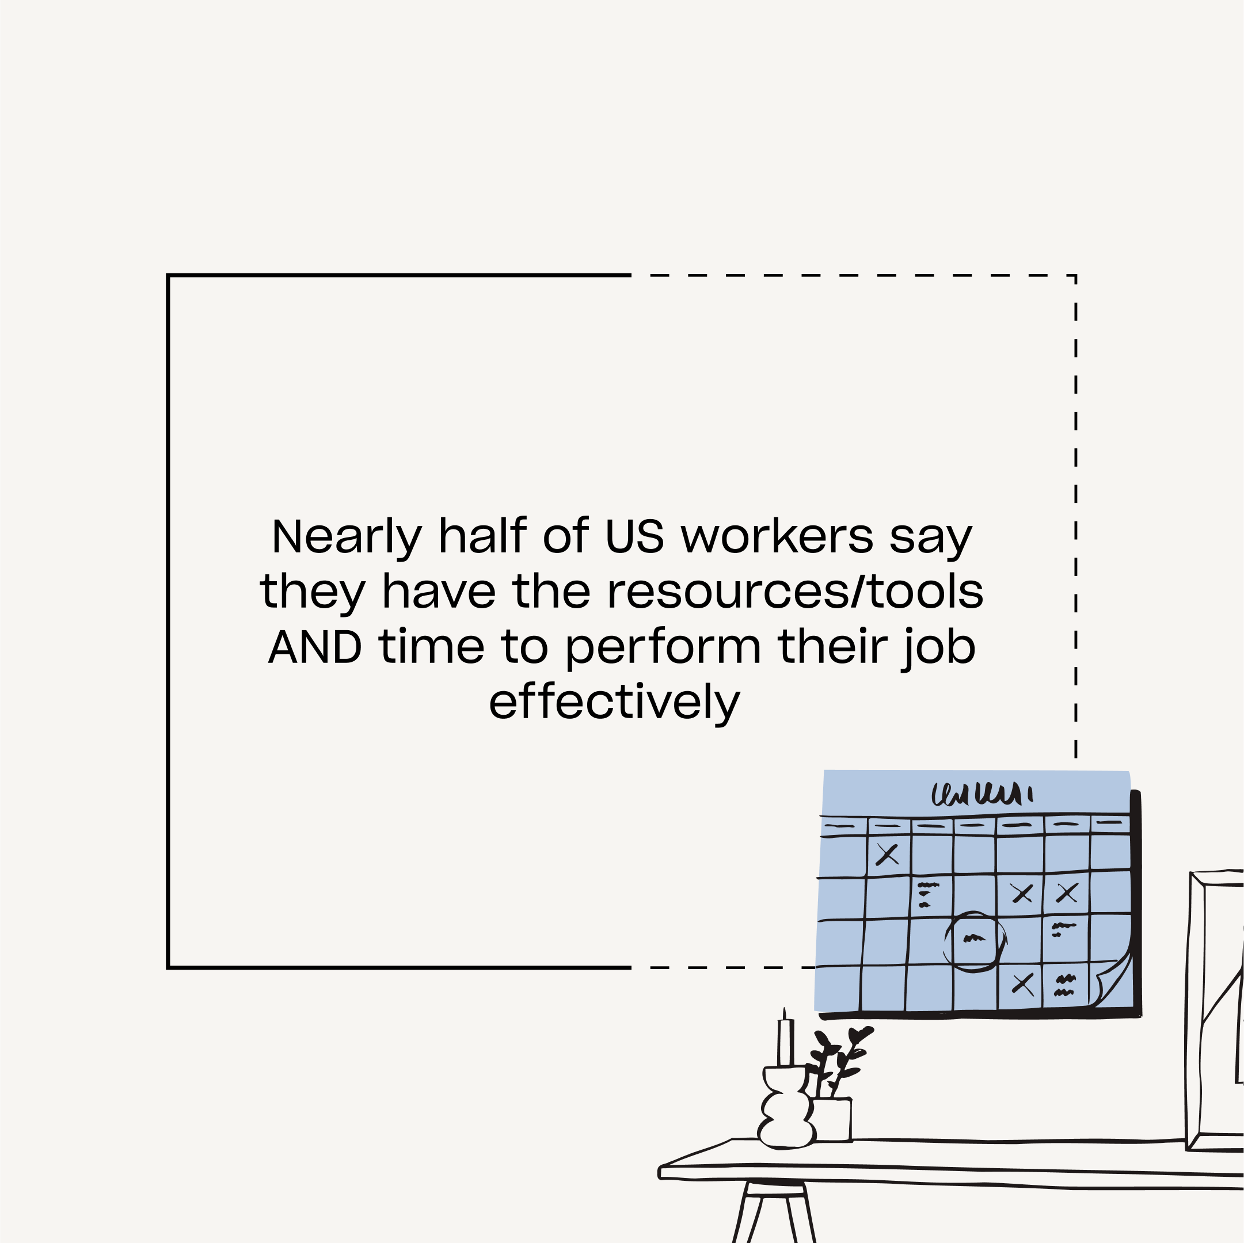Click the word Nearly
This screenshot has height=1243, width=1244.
pyautogui.click(x=347, y=537)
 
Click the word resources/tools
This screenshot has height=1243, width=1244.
pyautogui.click(x=795, y=591)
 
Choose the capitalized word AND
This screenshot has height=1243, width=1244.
pyautogui.click(x=315, y=647)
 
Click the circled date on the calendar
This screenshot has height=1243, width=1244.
pyautogui.click(x=973, y=940)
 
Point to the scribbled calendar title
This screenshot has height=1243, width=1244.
pyautogui.click(x=982, y=794)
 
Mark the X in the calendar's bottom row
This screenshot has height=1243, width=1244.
pyautogui.click(x=1022, y=983)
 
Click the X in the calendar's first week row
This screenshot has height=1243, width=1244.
pyautogui.click(x=887, y=854)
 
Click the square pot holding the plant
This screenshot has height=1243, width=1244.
pyautogui.click(x=832, y=1120)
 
